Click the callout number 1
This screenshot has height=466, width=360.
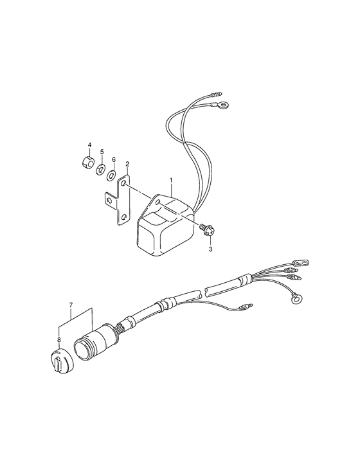tap(171, 180)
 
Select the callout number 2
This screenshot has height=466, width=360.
tap(127, 164)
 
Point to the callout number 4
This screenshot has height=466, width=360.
tap(89, 145)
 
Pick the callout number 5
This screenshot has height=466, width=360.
tap(102, 152)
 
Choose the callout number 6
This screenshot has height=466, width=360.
tap(114, 159)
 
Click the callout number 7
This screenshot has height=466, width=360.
tap(71, 305)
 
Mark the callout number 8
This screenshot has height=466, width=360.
tap(59, 339)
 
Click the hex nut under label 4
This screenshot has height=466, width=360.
tap(88, 161)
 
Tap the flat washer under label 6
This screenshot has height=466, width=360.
tap(111, 175)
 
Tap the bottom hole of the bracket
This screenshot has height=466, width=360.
tap(125, 217)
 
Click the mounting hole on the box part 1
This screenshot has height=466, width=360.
tap(158, 202)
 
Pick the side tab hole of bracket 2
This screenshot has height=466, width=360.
tap(109, 201)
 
